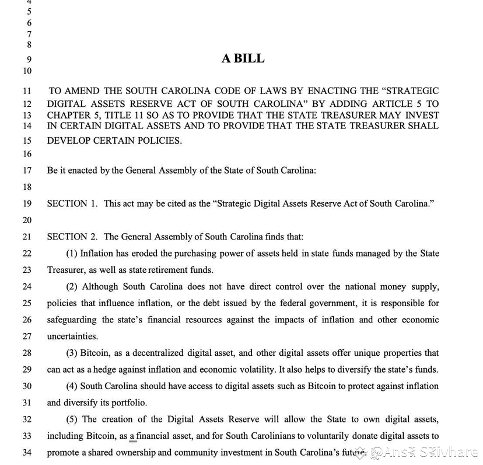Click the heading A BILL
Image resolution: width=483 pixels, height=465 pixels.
(243, 58)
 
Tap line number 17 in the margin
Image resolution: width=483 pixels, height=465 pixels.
(27, 171)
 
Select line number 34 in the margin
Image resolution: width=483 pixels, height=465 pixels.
(27, 453)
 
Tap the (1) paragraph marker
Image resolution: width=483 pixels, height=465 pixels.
(72, 254)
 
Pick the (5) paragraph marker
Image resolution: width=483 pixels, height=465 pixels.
(72, 419)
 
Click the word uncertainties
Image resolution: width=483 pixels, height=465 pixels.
(72, 336)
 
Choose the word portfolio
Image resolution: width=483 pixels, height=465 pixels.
(128, 403)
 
